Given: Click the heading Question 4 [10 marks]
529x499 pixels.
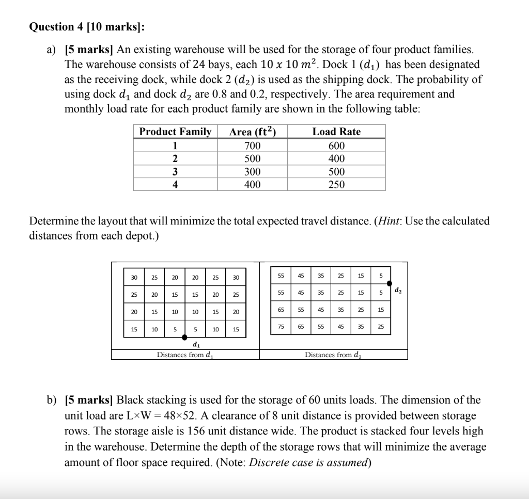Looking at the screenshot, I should tap(90, 27).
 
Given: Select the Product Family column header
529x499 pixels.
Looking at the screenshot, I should tap(175, 132).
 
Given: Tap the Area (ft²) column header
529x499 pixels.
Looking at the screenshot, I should tap(252, 132).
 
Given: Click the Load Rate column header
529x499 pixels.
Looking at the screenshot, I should tap(336, 132).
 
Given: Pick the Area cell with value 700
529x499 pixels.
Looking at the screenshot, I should tap(252, 146).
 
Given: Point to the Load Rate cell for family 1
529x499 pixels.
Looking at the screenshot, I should tap(336, 146).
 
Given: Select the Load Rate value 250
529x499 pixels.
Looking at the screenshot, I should tap(336, 185).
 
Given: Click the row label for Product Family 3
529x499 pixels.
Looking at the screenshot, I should tap(175, 172).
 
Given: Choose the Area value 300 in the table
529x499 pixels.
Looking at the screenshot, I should tap(252, 172).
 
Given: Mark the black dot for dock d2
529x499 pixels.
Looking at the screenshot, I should tap(390, 283).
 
